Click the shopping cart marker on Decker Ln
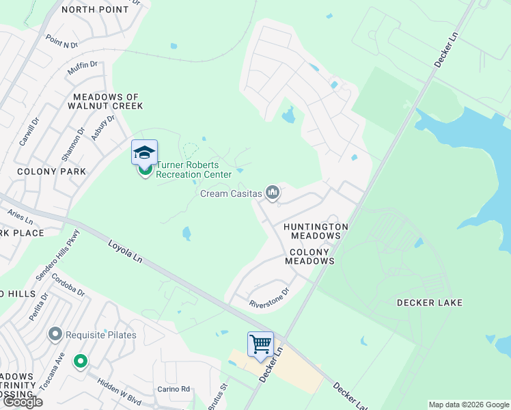pyautogui.click(x=260, y=344)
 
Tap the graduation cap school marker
pyautogui.click(x=144, y=152)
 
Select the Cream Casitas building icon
pyautogui.click(x=273, y=193)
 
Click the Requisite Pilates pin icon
pyautogui.click(x=55, y=334)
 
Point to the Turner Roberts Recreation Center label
pyautogui.click(x=193, y=169)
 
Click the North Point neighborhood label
pyautogui.click(x=94, y=10)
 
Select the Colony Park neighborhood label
pyautogui.click(x=52, y=172)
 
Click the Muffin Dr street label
pyautogui.click(x=83, y=68)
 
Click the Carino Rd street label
pyautogui.click(x=175, y=389)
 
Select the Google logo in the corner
pyautogui.click(x=23, y=402)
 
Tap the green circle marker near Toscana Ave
pyautogui.click(x=81, y=360)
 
